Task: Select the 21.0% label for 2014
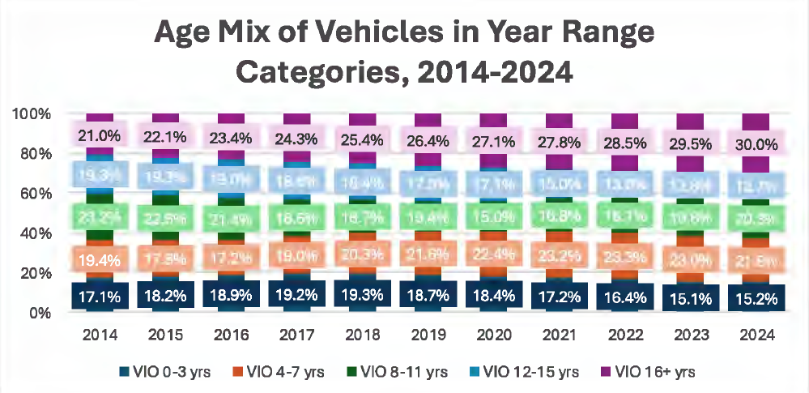[100, 134]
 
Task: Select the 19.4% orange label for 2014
[100, 259]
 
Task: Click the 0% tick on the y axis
[39, 313]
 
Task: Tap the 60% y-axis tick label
[35, 194]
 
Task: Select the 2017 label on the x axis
[296, 335]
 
